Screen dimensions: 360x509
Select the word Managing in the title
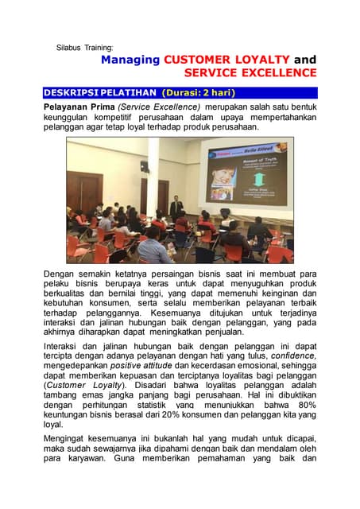[130, 60]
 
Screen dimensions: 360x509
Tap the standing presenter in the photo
[176, 207]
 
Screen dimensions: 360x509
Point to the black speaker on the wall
[144, 167]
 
